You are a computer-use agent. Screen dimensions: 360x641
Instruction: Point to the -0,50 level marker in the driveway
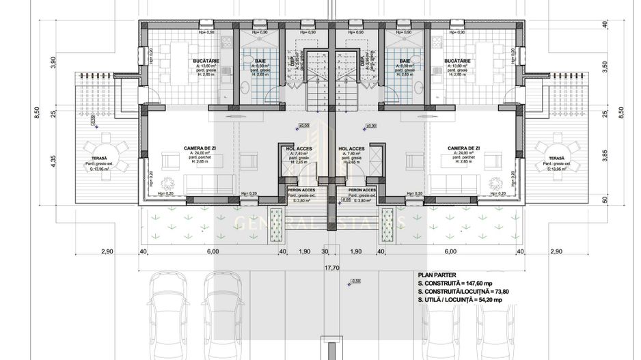click(354, 281)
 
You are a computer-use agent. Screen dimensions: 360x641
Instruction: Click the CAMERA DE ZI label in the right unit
click(463, 148)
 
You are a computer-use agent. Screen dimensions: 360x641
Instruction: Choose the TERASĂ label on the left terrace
click(96, 158)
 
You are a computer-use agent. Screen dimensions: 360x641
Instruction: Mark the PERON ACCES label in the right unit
click(362, 189)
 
